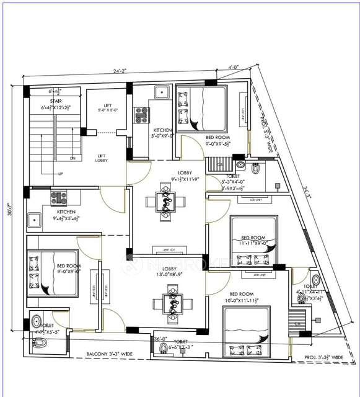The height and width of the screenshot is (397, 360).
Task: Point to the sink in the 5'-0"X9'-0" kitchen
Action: pyautogui.click(x=162, y=92)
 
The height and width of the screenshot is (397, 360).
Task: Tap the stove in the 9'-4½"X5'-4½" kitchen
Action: pyautogui.click(x=59, y=198)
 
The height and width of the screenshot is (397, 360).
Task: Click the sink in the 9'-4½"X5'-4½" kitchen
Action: pyautogui.click(x=33, y=219)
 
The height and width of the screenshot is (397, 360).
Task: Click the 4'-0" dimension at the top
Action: pyautogui.click(x=233, y=66)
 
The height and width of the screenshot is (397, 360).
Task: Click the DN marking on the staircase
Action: pyautogui.click(x=72, y=158)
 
